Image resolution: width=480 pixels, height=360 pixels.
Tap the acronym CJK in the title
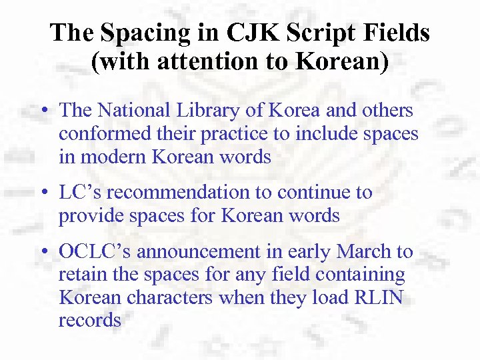click(245, 33)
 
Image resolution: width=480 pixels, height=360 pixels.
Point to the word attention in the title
click(183, 62)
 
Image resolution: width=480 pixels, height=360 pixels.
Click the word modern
click(111, 157)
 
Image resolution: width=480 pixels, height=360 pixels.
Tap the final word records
click(90, 320)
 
